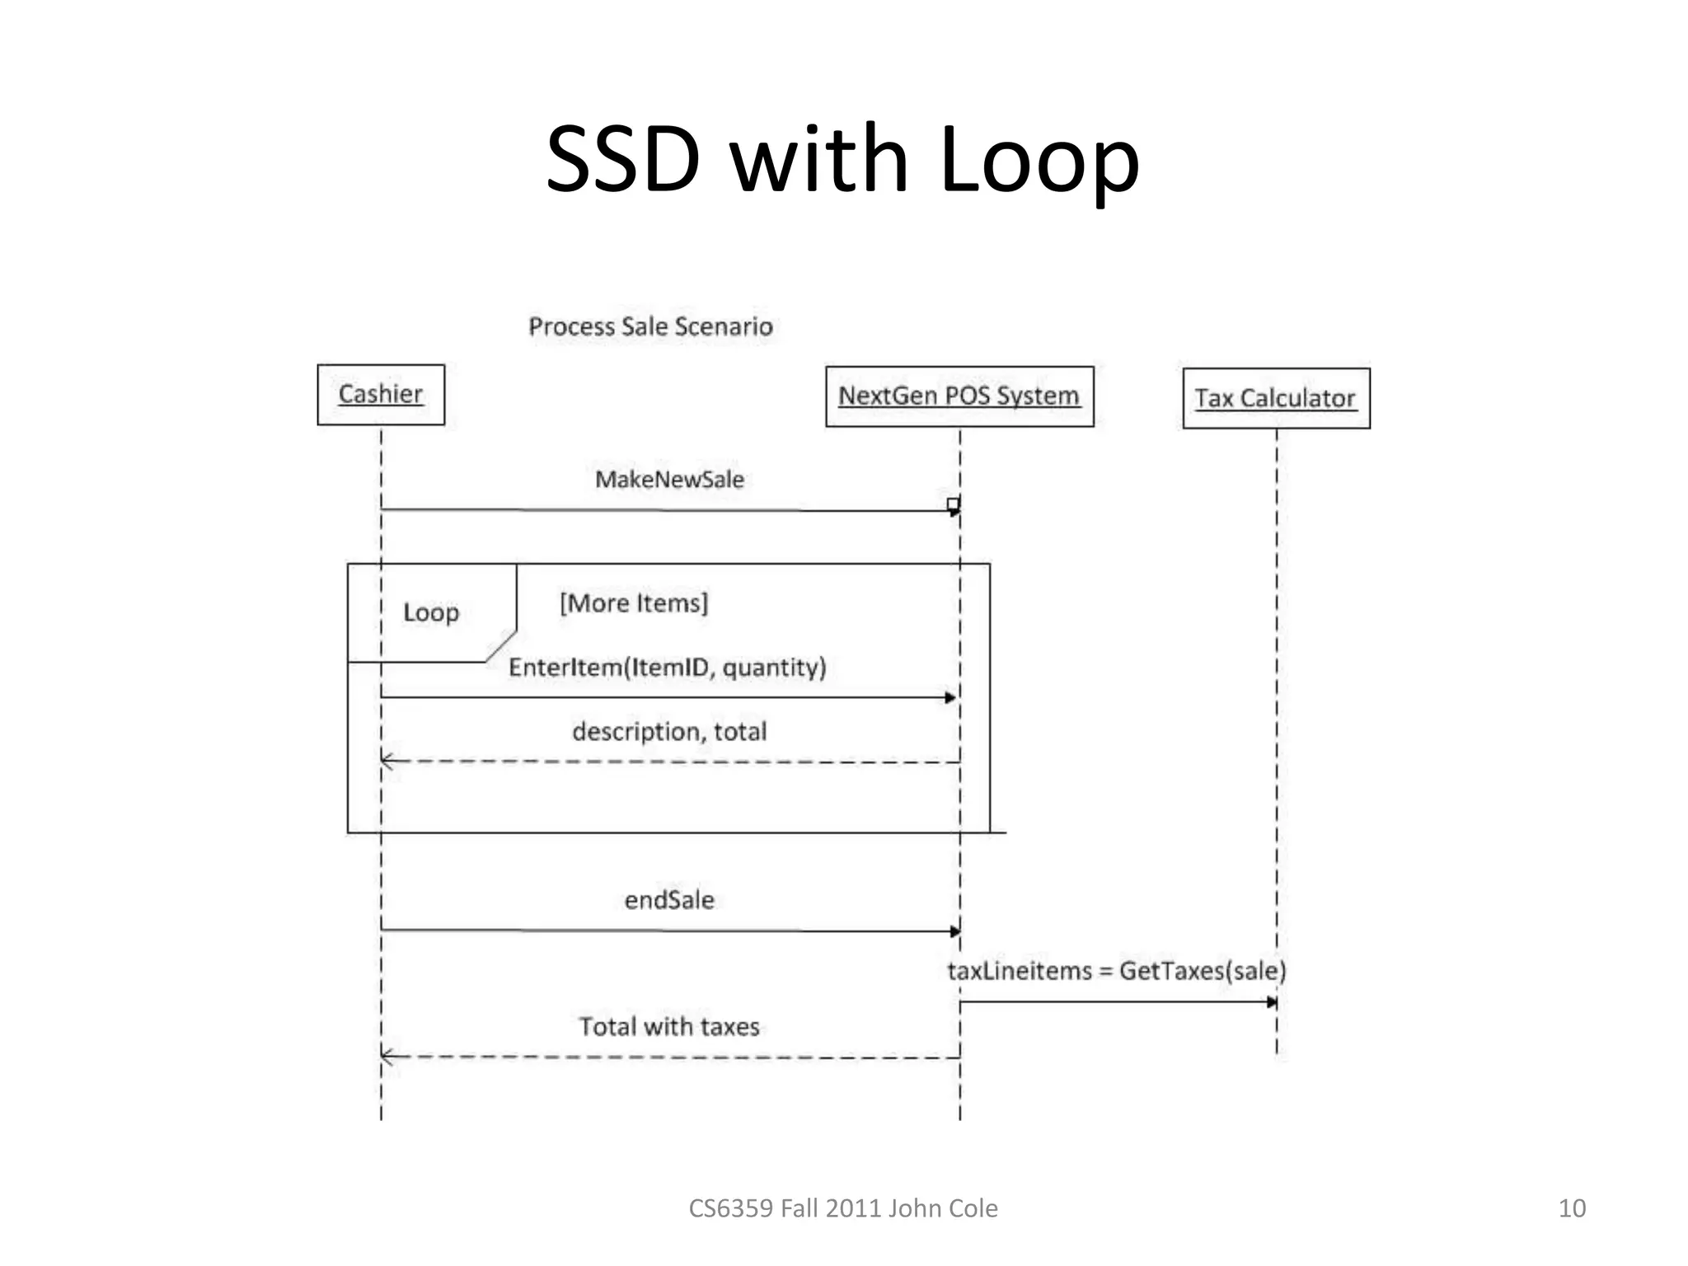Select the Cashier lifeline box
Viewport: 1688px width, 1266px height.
(x=381, y=395)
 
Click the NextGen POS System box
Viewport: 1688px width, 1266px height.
(x=959, y=396)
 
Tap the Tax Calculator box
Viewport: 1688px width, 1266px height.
(x=1276, y=399)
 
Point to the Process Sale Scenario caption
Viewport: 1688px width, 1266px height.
(x=650, y=326)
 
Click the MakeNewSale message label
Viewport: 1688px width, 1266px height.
(x=669, y=480)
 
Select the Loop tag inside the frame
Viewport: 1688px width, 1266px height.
(x=430, y=612)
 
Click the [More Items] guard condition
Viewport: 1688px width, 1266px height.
(x=634, y=603)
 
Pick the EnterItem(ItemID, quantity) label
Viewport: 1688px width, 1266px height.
(x=667, y=667)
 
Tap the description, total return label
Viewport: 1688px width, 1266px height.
(x=669, y=731)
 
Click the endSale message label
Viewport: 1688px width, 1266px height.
(x=669, y=900)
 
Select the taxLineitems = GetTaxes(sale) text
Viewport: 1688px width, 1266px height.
(x=1116, y=971)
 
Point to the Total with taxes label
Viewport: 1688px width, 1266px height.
(x=669, y=1027)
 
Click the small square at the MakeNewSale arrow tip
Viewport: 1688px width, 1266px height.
(x=953, y=504)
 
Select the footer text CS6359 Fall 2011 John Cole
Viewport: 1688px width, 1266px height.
(x=842, y=1208)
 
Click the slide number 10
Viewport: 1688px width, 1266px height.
(x=1571, y=1208)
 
